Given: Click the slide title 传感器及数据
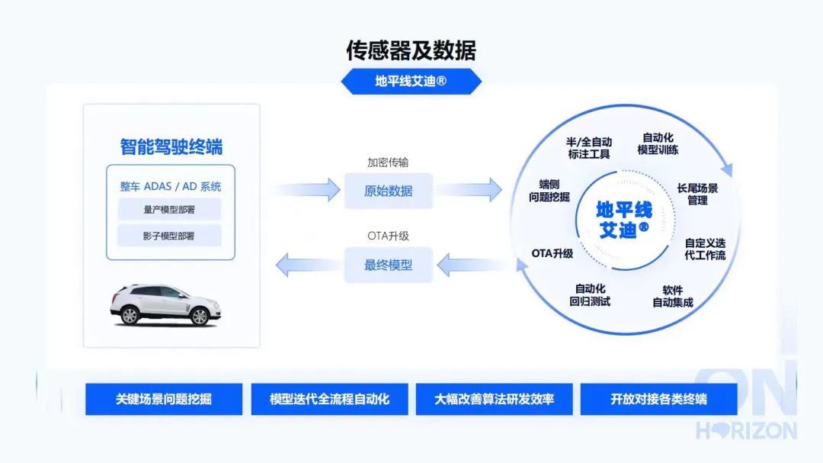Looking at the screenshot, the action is (411, 50).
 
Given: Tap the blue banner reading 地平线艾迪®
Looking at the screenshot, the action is (411, 82).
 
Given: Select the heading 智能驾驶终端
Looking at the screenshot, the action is (171, 146).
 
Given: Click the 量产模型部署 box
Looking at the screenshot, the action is (169, 210).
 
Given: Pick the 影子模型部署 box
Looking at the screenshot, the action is (169, 236).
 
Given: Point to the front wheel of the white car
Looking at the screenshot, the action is (200, 317).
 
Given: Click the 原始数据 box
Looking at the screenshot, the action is (389, 191).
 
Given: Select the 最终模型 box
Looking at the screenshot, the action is (389, 265).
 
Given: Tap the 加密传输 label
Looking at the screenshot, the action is (388, 162).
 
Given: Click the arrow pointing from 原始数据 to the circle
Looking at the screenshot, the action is (469, 190).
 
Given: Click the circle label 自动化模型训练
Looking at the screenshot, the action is (658, 143).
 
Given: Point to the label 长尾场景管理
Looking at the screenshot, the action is (697, 194).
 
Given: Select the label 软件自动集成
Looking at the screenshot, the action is (672, 297).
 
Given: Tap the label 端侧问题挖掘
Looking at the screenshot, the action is (549, 191).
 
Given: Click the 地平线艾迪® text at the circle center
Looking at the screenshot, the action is (623, 220).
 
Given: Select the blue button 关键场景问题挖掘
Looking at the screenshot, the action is (164, 400).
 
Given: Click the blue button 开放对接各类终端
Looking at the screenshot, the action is (658, 400).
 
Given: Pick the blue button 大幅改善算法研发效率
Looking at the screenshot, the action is (494, 400).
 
